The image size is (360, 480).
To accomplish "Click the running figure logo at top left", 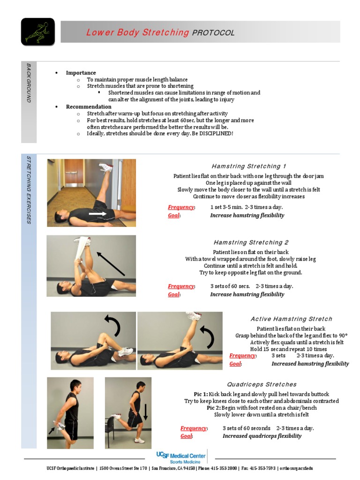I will point(37,32).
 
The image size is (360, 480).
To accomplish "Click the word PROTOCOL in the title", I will point(213,33).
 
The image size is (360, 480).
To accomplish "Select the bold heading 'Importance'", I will point(81,73).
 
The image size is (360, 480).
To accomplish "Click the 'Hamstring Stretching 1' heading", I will point(248,166).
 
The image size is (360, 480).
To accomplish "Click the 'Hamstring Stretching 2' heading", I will point(251,242).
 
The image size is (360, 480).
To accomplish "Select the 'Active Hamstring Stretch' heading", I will point(291,319).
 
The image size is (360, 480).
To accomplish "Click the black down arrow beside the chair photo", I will point(146,412).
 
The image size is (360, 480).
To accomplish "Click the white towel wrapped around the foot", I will point(82,244).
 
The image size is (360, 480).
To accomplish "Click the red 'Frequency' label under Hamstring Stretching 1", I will point(181,207).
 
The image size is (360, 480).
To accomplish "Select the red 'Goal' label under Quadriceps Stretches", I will point(186,436).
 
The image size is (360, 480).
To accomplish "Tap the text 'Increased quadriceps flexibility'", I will point(262,436).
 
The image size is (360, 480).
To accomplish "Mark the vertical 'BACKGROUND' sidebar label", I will point(29,83).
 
